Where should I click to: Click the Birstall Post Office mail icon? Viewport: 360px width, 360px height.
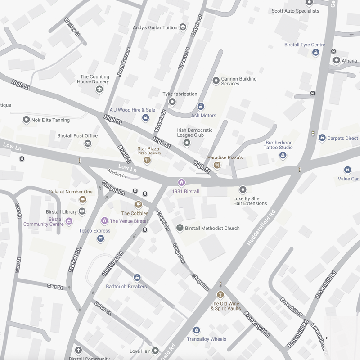[88, 144]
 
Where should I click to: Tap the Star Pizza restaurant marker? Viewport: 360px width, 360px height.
[147, 160]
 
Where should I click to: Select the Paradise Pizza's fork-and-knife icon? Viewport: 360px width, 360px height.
[217, 166]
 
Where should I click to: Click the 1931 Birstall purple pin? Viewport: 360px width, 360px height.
[181, 182]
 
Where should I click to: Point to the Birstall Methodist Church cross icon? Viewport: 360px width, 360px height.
[180, 228]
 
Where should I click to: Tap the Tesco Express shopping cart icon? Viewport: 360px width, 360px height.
[100, 238]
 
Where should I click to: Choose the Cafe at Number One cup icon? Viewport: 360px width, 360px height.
[82, 199]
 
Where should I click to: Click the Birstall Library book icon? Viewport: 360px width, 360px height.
[82, 211]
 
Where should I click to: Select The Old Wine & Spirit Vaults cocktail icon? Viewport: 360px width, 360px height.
[220, 295]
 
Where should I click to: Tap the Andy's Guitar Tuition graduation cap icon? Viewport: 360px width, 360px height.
[183, 27]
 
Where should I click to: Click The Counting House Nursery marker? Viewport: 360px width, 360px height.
[99, 90]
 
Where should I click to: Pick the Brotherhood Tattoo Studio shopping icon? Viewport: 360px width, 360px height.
[283, 155]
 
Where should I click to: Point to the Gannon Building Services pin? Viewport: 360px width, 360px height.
[216, 80]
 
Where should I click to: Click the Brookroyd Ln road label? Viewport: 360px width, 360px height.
[257, 322]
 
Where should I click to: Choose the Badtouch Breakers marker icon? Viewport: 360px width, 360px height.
[137, 278]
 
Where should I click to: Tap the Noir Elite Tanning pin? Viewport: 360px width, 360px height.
[26, 120]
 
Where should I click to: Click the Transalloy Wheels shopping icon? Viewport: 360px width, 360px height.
[196, 331]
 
